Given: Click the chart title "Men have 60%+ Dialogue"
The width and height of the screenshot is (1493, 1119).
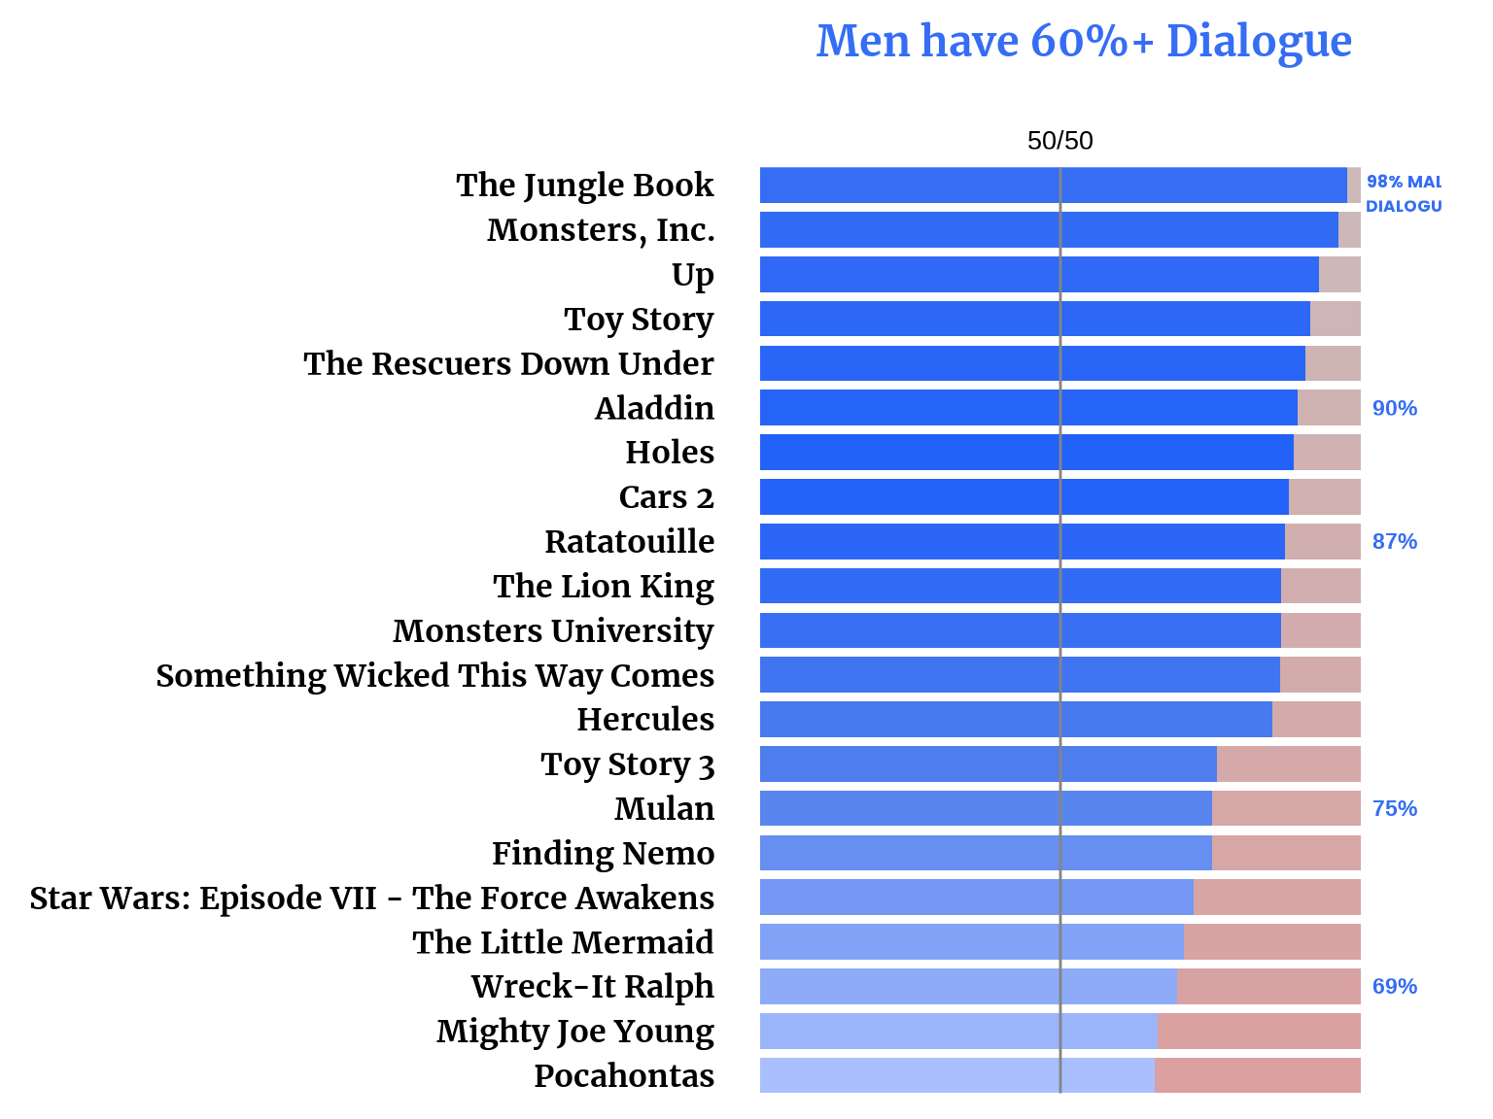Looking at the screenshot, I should pyautogui.click(x=1084, y=42).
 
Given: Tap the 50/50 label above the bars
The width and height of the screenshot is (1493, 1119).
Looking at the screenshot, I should pyautogui.click(x=1059, y=141).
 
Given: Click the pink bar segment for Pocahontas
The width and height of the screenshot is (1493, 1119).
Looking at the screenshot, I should pyautogui.click(x=1257, y=1075).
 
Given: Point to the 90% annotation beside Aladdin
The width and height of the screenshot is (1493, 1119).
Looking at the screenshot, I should pyautogui.click(x=1394, y=408).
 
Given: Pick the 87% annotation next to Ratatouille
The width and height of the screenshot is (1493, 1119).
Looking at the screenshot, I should pyautogui.click(x=1394, y=541).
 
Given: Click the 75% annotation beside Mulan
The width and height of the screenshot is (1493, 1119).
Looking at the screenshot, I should pyautogui.click(x=1394, y=808).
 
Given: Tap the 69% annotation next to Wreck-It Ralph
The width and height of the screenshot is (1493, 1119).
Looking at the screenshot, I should pyautogui.click(x=1394, y=986).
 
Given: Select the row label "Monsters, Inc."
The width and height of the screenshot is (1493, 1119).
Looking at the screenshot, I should pyautogui.click(x=601, y=230).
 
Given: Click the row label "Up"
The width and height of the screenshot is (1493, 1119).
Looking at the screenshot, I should pyautogui.click(x=692, y=275).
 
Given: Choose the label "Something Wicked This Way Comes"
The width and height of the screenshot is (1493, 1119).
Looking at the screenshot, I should pyautogui.click(x=434, y=675).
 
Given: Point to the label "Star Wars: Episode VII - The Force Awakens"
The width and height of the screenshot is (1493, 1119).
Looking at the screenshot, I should pyautogui.click(x=371, y=898).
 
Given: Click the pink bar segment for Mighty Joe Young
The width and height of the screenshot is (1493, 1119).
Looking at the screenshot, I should pyautogui.click(x=1259, y=1031).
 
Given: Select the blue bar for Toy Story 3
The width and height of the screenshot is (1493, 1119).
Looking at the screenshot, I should pyautogui.click(x=988, y=763).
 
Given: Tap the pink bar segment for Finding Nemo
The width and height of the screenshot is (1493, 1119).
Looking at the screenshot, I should pyautogui.click(x=1286, y=853).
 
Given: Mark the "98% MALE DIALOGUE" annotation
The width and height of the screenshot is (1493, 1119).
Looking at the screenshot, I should pyautogui.click(x=1403, y=193).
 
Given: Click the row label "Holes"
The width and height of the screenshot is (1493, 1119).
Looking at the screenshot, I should pyautogui.click(x=670, y=453).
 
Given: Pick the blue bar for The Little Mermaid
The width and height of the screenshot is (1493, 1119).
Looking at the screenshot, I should pyautogui.click(x=971, y=942).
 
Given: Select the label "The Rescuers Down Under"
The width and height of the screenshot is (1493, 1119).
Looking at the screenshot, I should pyautogui.click(x=508, y=363).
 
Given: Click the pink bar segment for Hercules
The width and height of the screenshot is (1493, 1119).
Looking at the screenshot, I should pyautogui.click(x=1316, y=719).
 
